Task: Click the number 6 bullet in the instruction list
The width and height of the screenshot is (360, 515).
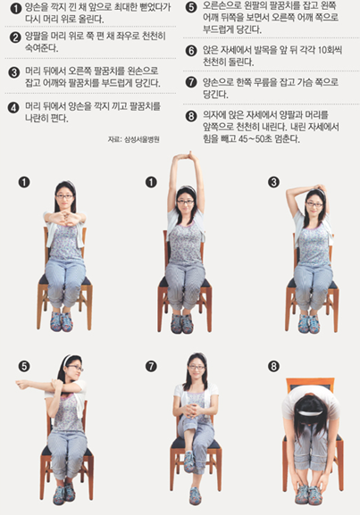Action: tap(191, 51)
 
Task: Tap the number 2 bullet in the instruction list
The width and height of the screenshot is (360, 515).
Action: tap(15, 37)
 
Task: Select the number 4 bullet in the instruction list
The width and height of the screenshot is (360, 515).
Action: tap(13, 107)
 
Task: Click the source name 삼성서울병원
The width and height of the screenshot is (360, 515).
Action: tap(142, 139)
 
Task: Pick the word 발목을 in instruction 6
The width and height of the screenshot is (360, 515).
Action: tap(264, 50)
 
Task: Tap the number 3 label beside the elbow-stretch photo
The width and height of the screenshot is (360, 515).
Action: tap(273, 182)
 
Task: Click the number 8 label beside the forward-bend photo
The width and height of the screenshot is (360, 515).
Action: tap(273, 366)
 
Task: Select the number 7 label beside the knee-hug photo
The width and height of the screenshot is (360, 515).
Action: tap(151, 366)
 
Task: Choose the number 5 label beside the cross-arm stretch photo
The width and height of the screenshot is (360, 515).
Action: tap(23, 366)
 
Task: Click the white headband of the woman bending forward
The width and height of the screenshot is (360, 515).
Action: tap(310, 413)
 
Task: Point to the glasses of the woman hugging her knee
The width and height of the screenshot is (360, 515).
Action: tap(197, 367)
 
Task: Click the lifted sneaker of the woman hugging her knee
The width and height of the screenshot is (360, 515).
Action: tap(188, 461)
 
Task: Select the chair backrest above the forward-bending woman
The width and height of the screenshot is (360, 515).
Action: tap(310, 384)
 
